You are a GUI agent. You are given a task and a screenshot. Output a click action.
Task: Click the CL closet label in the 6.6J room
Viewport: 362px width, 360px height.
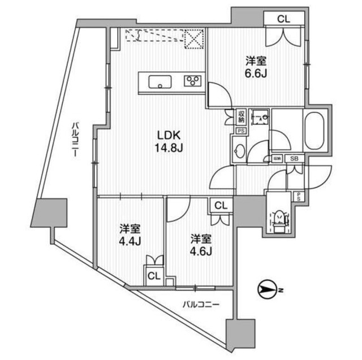283,18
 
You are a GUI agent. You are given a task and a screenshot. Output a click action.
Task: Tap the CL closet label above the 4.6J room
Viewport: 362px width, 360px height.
221,206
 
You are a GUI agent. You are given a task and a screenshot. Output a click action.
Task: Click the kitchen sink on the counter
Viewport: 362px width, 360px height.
161,83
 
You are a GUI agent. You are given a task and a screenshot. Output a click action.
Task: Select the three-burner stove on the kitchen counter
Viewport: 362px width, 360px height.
193,81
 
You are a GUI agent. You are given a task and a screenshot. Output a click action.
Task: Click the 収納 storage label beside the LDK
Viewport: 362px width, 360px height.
241,116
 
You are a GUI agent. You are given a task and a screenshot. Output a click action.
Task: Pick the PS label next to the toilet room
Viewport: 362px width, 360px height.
299,196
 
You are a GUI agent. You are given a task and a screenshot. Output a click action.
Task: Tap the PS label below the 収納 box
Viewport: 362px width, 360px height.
240,131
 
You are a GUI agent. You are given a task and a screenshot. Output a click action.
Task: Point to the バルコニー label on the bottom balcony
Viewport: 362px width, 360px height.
201,305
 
